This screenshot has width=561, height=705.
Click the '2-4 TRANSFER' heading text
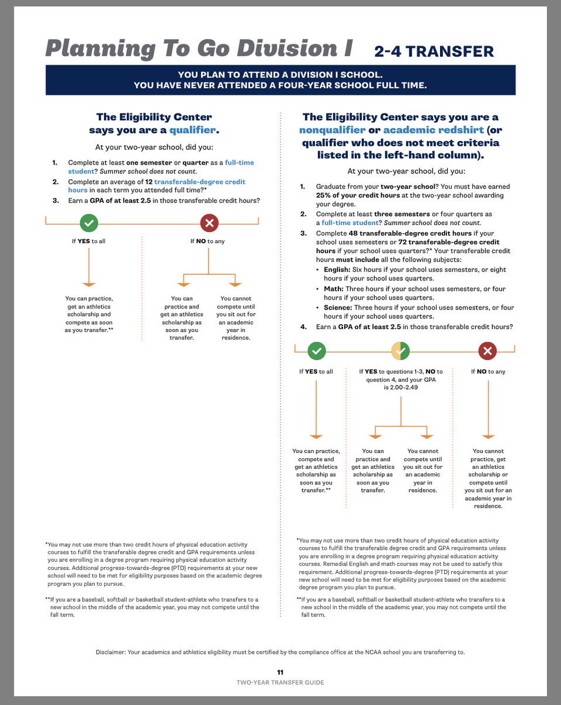tap(434, 52)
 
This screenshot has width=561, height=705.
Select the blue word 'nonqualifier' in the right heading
tap(332, 130)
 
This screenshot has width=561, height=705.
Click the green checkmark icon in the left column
tap(89, 223)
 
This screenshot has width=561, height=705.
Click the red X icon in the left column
tap(210, 223)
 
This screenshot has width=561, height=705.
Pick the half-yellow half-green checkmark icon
tap(401, 351)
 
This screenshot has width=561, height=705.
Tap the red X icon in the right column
tap(487, 351)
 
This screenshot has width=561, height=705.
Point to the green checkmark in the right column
tap(317, 351)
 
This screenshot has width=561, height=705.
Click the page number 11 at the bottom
tap(280, 672)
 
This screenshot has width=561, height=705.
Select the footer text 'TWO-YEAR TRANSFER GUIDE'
tap(280, 682)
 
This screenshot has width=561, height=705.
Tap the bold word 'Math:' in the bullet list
tap(334, 289)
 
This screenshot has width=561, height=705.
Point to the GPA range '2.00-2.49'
tap(401, 388)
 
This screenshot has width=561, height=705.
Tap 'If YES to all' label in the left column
tap(89, 241)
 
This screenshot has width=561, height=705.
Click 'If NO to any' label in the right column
tap(488, 371)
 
